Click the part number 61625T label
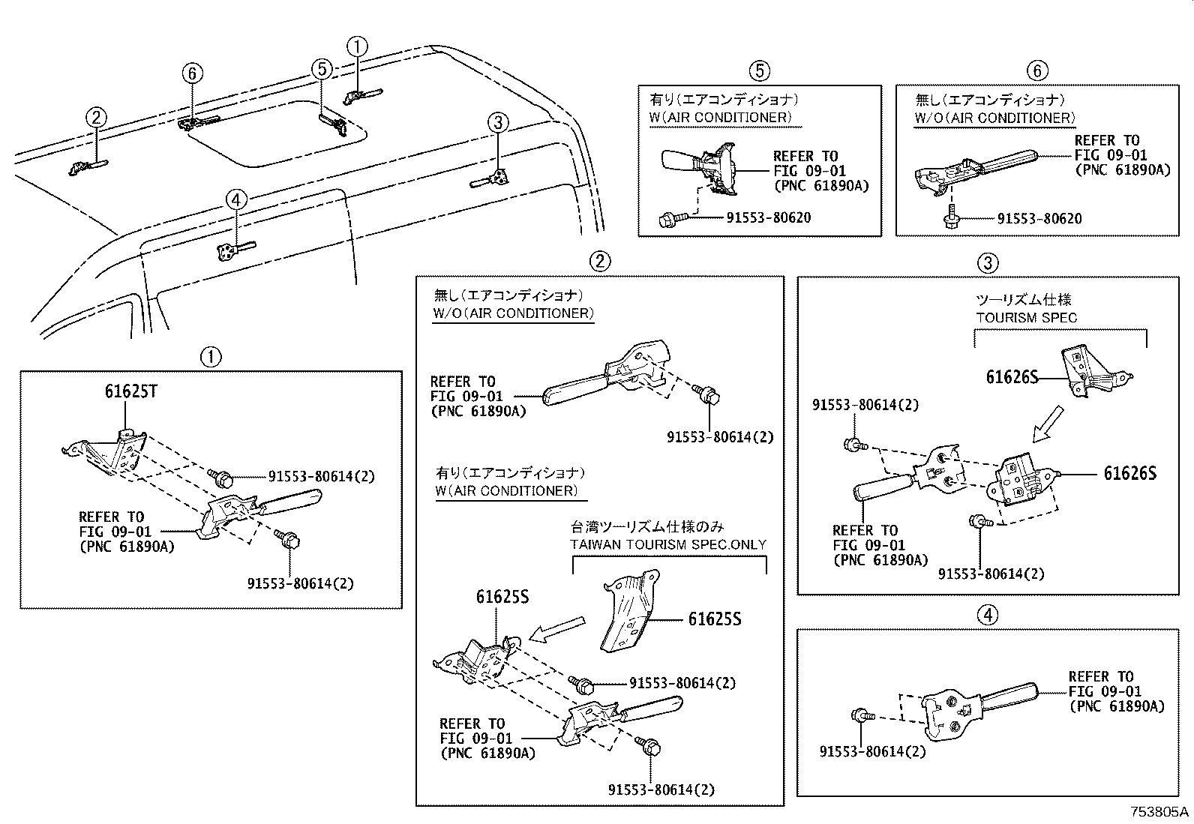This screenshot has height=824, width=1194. [130, 391]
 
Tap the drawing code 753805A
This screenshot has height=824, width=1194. [1160, 811]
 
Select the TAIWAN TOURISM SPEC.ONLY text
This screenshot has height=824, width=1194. [668, 544]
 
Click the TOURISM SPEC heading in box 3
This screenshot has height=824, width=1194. [1026, 317]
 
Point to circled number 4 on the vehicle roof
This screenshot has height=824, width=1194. [235, 199]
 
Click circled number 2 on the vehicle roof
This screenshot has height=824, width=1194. [96, 117]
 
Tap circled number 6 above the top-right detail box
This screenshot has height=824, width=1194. [1036, 70]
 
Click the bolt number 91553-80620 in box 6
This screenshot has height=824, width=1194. [1039, 218]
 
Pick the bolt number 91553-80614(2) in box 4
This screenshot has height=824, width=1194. [872, 751]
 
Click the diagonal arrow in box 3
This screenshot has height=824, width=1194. [1047, 424]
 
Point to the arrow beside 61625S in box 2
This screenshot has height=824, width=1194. [556, 628]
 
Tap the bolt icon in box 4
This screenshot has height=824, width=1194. [863, 716]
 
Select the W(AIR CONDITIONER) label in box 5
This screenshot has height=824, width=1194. [720, 118]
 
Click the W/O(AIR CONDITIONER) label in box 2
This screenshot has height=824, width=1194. [513, 313]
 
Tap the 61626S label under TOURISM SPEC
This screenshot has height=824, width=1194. [1012, 377]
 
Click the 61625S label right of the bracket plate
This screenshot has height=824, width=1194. [715, 619]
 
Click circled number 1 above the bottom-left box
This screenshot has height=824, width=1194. [211, 356]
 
